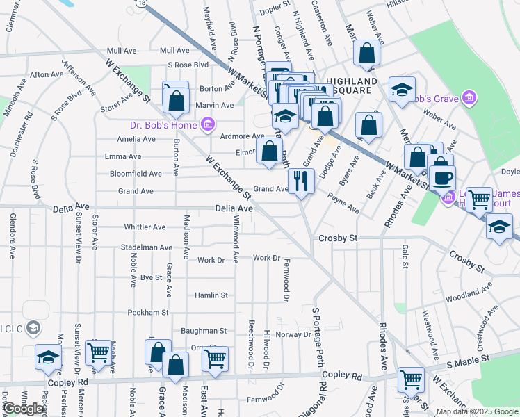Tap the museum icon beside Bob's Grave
(x=469, y=98)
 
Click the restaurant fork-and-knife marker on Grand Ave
(x=301, y=181)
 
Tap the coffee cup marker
(x=441, y=177)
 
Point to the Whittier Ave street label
(x=145, y=227)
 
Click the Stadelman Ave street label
(x=146, y=247)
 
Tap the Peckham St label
(x=148, y=313)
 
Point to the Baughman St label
(x=204, y=332)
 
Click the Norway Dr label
(x=293, y=334)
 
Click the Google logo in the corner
(x=24, y=409)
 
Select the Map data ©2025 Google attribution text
(x=477, y=411)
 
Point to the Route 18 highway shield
(x=142, y=3)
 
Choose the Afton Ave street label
(x=47, y=74)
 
